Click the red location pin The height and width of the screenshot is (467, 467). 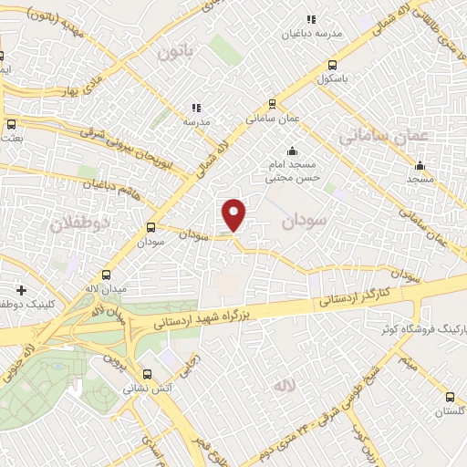pyautogui.click(x=234, y=214)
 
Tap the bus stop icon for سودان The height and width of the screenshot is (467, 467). pyautogui.click(x=150, y=228)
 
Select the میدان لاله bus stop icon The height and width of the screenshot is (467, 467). pyautogui.click(x=107, y=275)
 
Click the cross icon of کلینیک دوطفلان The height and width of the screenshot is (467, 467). pyautogui.click(x=20, y=289)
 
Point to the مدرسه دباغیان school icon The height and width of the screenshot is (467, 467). pyautogui.click(x=311, y=19)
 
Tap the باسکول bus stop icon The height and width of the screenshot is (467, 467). pyautogui.click(x=331, y=65)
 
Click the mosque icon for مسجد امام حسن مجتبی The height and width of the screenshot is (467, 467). pyautogui.click(x=292, y=151)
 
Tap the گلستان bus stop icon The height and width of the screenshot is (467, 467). pyautogui.click(x=450, y=397)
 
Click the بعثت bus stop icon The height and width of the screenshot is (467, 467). pyautogui.click(x=11, y=124)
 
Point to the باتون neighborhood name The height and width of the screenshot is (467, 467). pyautogui.click(x=177, y=51)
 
